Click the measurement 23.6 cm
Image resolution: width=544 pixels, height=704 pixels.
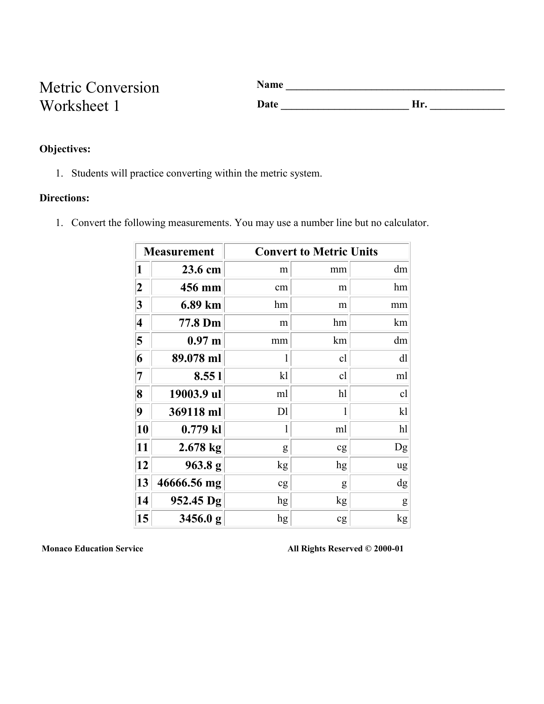click(201, 269)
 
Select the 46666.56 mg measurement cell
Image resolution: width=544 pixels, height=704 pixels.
click(189, 483)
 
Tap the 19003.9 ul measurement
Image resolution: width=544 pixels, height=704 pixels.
click(195, 394)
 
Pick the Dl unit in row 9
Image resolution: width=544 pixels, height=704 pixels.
click(282, 411)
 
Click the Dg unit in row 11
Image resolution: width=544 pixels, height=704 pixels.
click(401, 447)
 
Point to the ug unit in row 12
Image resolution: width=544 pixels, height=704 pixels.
click(402, 465)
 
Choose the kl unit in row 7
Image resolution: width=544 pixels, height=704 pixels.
click(284, 376)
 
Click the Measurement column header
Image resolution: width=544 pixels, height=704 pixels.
click(179, 252)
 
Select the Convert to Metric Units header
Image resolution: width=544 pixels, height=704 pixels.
click(316, 252)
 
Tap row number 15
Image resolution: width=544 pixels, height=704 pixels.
click(143, 519)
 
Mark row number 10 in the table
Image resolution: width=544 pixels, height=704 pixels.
click(143, 429)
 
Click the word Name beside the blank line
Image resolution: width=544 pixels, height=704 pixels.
click(270, 85)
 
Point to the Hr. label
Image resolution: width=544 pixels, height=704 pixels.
click(419, 104)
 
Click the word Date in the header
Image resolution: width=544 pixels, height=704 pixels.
click(268, 104)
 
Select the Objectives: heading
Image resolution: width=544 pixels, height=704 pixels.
click(65, 149)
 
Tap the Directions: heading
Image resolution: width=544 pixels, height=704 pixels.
click(64, 198)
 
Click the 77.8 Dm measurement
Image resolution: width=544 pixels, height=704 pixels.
click(200, 323)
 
